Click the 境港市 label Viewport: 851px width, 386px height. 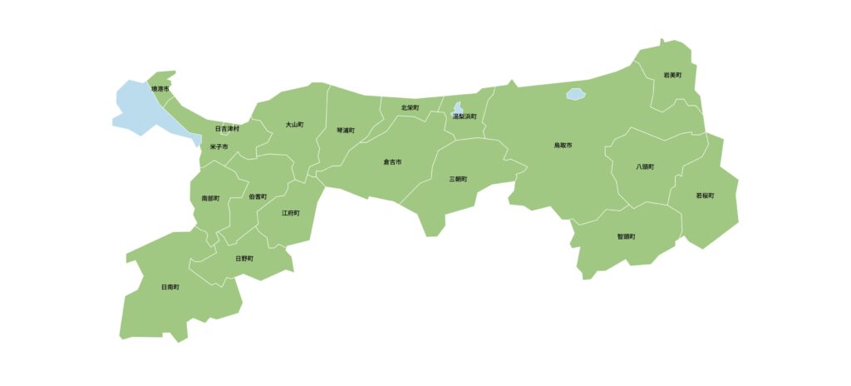(160, 88)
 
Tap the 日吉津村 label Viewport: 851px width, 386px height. (227, 129)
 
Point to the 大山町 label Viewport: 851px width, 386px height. (294, 125)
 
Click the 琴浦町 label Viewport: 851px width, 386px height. (346, 131)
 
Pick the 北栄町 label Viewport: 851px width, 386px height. (410, 108)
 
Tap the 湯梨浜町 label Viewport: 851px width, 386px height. (465, 116)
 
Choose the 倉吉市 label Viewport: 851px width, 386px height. (392, 161)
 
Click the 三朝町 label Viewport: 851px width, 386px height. (458, 179)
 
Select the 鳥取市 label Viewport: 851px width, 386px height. (563, 146)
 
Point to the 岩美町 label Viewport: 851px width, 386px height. (672, 75)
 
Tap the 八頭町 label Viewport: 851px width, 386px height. (645, 166)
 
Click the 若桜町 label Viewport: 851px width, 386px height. (705, 195)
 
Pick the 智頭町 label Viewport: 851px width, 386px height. (626, 236)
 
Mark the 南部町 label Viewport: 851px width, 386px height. (210, 199)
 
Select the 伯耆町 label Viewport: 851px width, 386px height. (258, 196)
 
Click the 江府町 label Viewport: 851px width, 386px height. (291, 213)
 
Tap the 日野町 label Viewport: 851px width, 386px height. (244, 258)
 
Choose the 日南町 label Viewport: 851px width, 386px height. (170, 287)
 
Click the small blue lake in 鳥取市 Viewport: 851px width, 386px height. (575, 95)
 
